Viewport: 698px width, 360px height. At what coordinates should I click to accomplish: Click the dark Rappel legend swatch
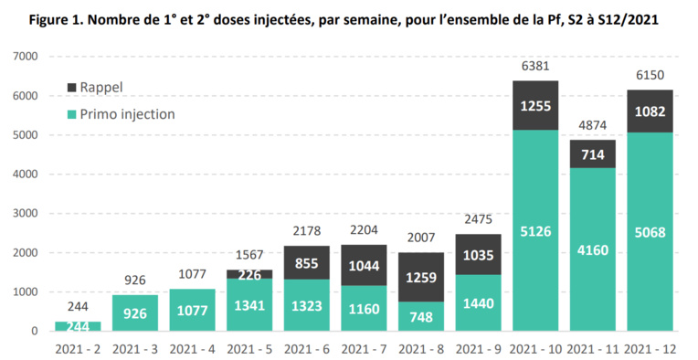tap(72, 88)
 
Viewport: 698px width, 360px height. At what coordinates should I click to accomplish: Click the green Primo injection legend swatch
tap(72, 114)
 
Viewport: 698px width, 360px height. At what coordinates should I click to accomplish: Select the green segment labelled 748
tap(420, 316)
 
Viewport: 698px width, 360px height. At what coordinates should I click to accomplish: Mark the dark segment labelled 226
tap(249, 273)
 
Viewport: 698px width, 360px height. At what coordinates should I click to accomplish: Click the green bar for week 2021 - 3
tap(133, 312)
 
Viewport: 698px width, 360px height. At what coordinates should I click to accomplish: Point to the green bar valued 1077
tap(191, 310)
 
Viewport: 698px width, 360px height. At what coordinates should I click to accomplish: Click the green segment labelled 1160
tap(363, 308)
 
